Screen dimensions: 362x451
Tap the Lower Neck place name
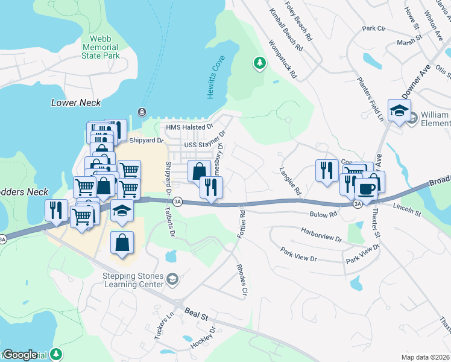(x=76, y=103)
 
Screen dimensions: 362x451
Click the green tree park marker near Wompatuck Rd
(x=259, y=63)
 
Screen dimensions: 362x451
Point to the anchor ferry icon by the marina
(x=142, y=112)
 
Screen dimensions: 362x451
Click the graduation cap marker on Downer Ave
(x=399, y=110)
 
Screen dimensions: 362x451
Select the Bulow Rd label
(x=324, y=214)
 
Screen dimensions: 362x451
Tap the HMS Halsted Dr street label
(x=190, y=127)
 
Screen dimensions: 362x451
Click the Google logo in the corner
(x=19, y=355)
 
